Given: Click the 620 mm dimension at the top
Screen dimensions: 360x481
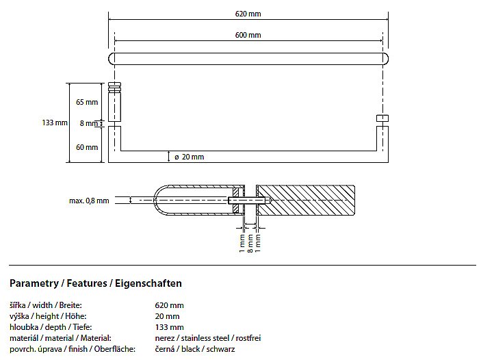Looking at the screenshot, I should (x=248, y=14).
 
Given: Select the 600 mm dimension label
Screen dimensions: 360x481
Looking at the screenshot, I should (x=248, y=35).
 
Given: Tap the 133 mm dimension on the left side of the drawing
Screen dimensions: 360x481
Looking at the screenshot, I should (x=55, y=123).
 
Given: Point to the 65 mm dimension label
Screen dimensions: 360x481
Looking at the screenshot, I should (x=87, y=102).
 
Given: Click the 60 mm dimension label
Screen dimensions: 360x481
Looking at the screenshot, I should (x=87, y=147).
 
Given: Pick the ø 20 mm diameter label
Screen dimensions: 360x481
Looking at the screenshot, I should (x=189, y=157).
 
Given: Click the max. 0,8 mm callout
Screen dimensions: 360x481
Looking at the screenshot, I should (x=89, y=201).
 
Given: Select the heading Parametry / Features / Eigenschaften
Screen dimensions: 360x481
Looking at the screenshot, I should (x=96, y=283).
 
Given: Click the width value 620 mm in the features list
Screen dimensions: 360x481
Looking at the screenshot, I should (x=170, y=305).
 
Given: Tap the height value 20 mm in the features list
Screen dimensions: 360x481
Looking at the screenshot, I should (x=168, y=316).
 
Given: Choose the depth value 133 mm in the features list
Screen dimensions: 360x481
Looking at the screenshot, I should (x=170, y=327).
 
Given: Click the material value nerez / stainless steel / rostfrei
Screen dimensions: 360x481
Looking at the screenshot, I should (x=208, y=338).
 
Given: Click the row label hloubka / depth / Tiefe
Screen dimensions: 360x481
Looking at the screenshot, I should (x=47, y=327).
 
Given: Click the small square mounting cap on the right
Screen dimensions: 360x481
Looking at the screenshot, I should (x=382, y=120).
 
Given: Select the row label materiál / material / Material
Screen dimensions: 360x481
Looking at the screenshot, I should (x=60, y=338).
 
